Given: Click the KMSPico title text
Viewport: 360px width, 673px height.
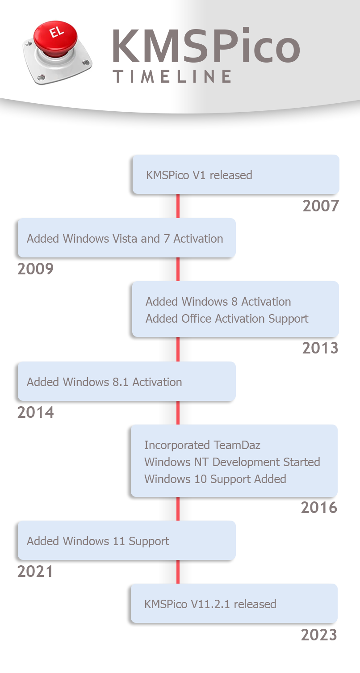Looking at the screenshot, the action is click(x=206, y=46).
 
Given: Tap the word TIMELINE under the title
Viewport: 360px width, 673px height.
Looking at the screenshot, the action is click(x=172, y=76).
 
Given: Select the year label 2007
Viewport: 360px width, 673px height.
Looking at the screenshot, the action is click(x=321, y=206).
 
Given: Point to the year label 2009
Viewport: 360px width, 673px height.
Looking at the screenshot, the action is click(x=35, y=269).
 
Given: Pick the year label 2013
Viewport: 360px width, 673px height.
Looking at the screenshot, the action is click(x=320, y=348).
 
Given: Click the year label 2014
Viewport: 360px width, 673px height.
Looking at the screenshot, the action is click(x=35, y=412).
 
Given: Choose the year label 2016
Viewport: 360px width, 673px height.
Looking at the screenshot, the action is click(x=319, y=508).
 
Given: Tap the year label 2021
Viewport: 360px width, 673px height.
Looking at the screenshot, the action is click(x=35, y=572).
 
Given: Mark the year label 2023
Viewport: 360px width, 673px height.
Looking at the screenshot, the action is click(x=319, y=635).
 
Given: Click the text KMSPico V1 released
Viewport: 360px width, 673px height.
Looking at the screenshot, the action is click(x=199, y=175).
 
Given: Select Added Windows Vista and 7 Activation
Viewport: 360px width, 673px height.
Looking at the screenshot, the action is click(x=125, y=239).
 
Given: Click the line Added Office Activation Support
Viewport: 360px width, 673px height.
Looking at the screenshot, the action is click(x=227, y=319).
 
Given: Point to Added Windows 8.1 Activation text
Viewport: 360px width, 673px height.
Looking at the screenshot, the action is click(x=105, y=382).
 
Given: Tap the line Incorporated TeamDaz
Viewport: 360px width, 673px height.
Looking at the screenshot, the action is click(x=202, y=445).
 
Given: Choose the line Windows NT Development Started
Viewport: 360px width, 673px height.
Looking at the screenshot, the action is click(x=232, y=462).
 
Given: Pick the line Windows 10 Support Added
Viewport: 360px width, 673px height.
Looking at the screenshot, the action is click(x=215, y=479).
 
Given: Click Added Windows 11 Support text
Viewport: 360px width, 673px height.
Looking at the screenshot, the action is click(x=98, y=542).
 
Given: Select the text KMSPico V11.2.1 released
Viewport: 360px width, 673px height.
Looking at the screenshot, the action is click(x=210, y=604).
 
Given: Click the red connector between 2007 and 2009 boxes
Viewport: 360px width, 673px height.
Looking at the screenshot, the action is click(x=178, y=206).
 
